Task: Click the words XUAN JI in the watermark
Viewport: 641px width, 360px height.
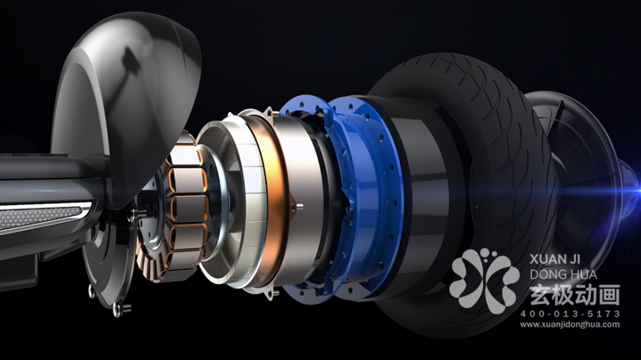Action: coord(555,259)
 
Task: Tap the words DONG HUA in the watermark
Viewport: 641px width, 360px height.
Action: coord(563,274)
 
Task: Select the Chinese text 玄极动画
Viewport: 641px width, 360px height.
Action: coord(575,295)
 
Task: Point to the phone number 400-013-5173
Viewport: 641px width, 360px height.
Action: coord(570,314)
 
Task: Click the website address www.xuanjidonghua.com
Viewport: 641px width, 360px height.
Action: coord(570,325)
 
